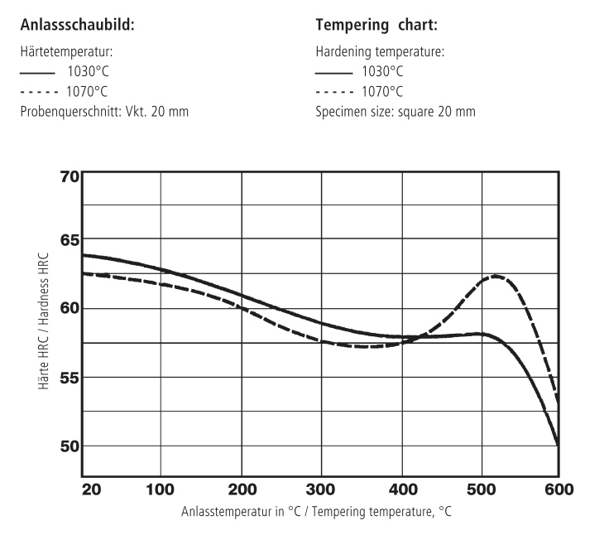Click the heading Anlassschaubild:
78,25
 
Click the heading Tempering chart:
376,25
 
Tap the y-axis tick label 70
70,177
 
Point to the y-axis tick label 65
70,240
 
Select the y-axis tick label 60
70,308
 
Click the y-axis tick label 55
70,378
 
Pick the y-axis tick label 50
70,446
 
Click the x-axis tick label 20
92,489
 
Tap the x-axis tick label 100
160,489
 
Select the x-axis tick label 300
320,489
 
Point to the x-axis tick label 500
481,489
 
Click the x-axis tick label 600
559,489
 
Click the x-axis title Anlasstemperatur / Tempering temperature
316,512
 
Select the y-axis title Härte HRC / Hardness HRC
44,321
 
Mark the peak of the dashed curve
495,276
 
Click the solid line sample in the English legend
334,72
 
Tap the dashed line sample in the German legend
39,92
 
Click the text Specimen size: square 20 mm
395,112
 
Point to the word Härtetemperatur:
67,51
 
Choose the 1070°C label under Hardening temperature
382,92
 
